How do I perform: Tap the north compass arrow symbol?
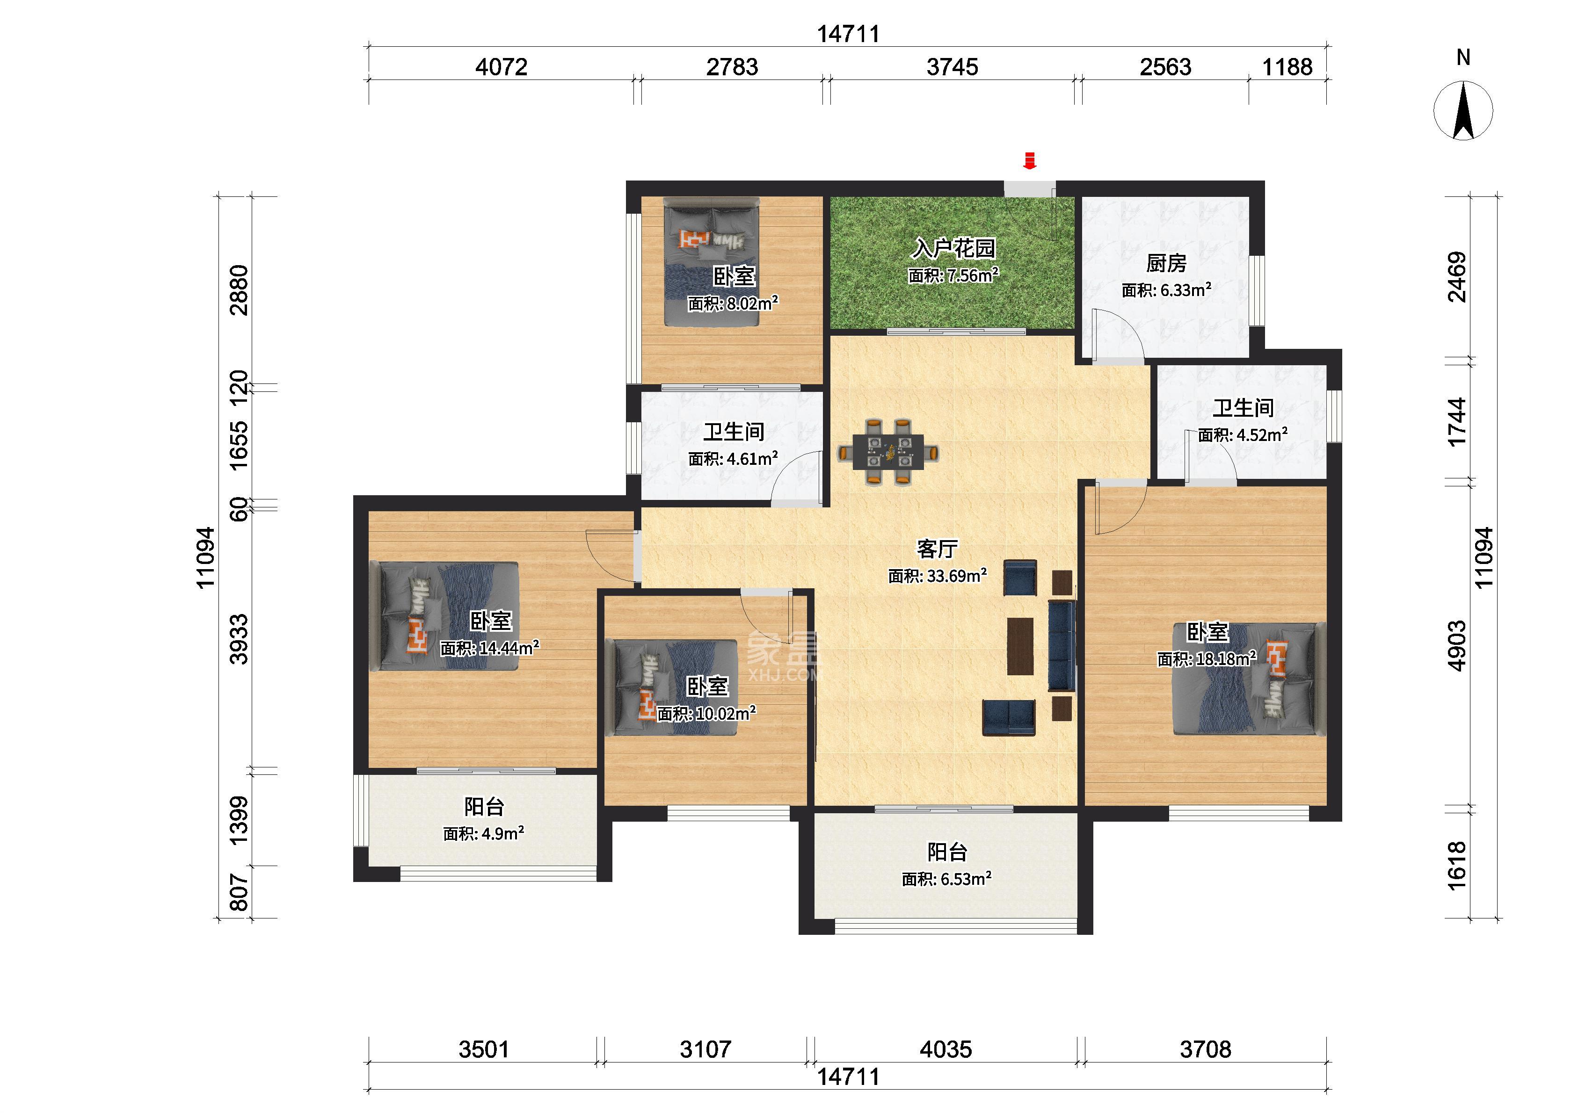1463,110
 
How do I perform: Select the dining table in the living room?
887,452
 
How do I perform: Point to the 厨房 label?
1166,263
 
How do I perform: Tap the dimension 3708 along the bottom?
1205,1048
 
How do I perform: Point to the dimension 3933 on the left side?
239,639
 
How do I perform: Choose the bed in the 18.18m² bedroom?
1250,679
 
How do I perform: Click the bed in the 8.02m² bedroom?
712,262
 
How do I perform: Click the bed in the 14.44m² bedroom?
444,615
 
